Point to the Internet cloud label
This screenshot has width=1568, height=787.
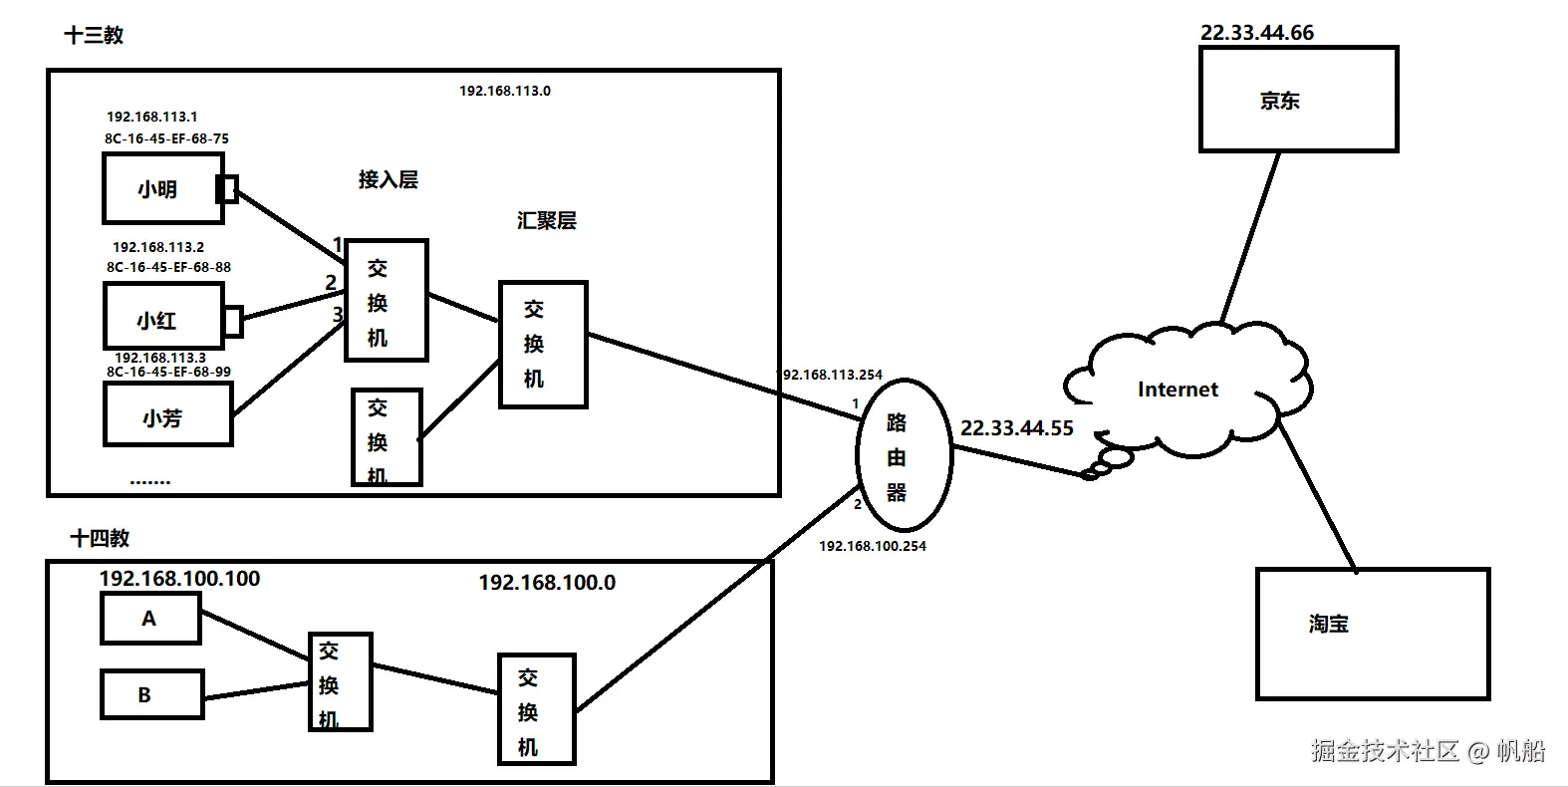tap(1177, 390)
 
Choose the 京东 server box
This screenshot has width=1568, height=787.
tap(1297, 100)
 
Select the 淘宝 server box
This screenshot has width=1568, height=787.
tap(1372, 634)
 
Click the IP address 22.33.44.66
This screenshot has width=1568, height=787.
tap(1256, 33)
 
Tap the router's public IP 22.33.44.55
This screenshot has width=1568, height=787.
tap(1016, 428)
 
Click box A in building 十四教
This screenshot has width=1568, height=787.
tap(150, 619)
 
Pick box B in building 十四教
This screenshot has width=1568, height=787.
tap(150, 694)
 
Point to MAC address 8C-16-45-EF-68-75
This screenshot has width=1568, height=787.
tap(166, 138)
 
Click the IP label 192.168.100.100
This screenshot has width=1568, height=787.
tap(179, 579)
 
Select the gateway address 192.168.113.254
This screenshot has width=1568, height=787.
tap(831, 375)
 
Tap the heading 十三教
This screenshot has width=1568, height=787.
tap(94, 35)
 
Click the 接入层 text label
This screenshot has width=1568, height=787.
tap(388, 180)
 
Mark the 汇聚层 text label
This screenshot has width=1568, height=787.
tap(546, 221)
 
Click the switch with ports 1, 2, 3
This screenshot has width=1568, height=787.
tap(386, 301)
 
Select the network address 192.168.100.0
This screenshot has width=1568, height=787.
tap(547, 583)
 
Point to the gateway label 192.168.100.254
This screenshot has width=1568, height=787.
tap(872, 546)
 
